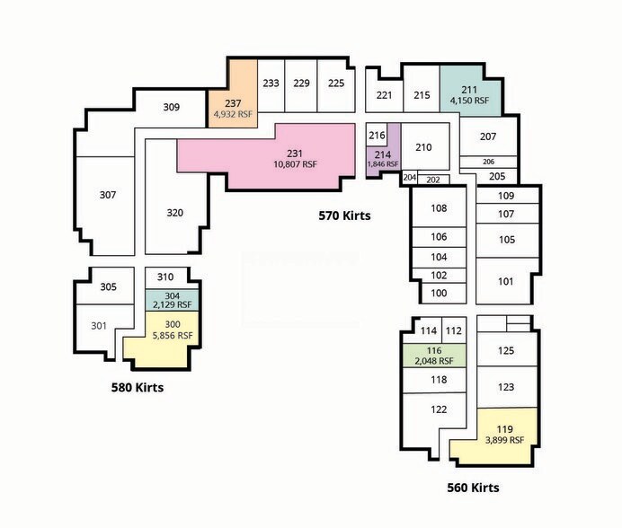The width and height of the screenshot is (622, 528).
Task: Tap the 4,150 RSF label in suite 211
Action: tap(469, 101)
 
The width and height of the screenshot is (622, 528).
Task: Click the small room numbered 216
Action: tap(377, 136)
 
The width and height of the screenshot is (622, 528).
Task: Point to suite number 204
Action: tap(409, 178)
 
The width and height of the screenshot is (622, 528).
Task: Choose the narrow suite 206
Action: tap(488, 162)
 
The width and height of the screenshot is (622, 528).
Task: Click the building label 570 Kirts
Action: tap(344, 216)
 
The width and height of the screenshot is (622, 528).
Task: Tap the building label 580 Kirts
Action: tap(138, 387)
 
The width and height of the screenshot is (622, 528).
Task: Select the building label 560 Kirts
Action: tap(473, 488)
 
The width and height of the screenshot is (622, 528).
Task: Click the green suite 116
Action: tap(434, 356)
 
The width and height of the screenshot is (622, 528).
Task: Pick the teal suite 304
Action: tap(172, 300)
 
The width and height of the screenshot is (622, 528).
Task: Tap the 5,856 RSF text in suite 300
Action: tap(173, 335)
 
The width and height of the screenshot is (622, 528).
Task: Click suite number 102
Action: tap(439, 275)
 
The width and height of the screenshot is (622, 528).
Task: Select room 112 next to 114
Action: tap(454, 330)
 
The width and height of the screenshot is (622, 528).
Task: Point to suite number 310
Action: tap(165, 277)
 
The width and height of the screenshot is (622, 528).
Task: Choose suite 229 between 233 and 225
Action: tap(301, 85)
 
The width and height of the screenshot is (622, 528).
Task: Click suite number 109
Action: tap(506, 196)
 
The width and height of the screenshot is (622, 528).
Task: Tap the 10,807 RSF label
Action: tap(295, 164)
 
